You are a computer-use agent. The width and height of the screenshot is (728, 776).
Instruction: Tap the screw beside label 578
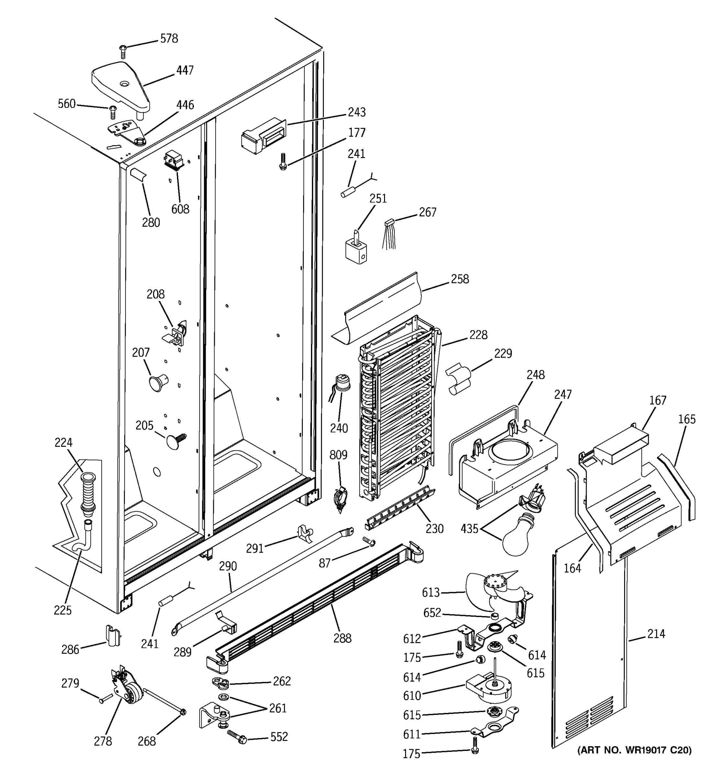point(123,51)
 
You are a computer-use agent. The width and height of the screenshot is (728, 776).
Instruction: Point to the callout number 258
point(460,279)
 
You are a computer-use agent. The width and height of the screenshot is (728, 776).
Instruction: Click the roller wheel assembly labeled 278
point(127,691)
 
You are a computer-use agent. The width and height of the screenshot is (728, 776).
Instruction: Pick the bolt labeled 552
point(237,737)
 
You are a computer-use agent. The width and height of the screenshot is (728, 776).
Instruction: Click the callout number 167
point(657,401)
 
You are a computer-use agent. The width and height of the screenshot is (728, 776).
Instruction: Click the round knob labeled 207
point(157,383)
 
